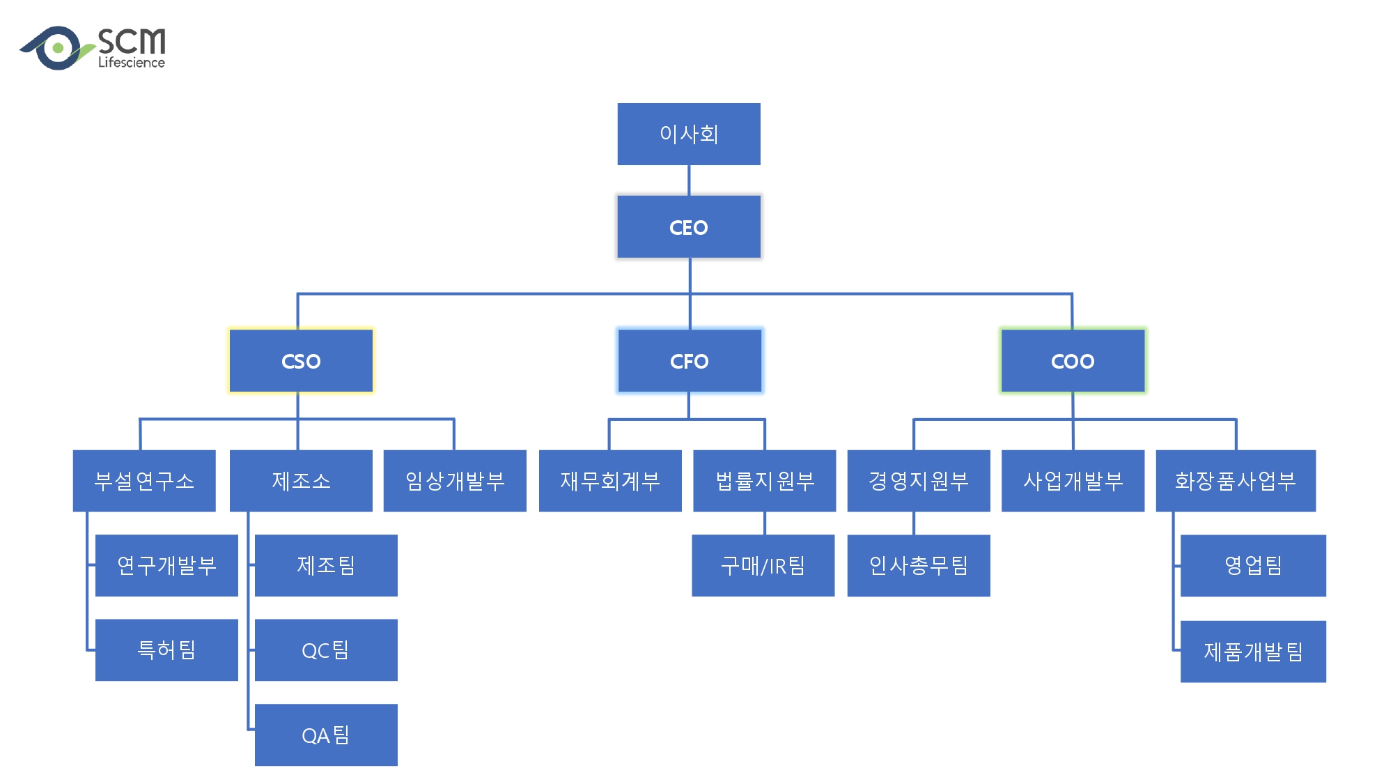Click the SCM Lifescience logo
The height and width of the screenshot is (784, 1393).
(x=93, y=48)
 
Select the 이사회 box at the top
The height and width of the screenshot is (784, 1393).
(x=689, y=134)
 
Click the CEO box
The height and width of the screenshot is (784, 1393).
(x=689, y=227)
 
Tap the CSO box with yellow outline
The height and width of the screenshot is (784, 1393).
(x=301, y=361)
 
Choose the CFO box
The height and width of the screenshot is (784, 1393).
(x=690, y=361)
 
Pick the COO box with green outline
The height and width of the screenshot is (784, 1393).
(x=1073, y=361)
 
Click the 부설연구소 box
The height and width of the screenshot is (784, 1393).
(x=144, y=481)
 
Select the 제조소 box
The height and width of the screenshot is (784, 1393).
(x=301, y=481)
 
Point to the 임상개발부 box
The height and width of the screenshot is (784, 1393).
(x=455, y=481)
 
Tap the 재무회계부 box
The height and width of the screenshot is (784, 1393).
(x=610, y=481)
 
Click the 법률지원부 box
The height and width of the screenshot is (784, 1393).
(x=765, y=481)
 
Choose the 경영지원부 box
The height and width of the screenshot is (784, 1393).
(x=919, y=481)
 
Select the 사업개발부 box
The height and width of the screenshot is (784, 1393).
(x=1073, y=481)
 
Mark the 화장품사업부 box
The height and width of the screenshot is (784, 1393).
(x=1236, y=481)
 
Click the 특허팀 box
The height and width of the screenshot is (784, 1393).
(x=166, y=650)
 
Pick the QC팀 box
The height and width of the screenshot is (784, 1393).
(x=326, y=650)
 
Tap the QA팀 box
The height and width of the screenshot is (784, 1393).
(x=326, y=735)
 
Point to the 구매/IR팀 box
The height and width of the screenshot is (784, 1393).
(x=763, y=565)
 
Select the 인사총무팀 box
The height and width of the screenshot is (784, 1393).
(x=919, y=565)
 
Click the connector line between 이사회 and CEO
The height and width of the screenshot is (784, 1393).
(x=689, y=180)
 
